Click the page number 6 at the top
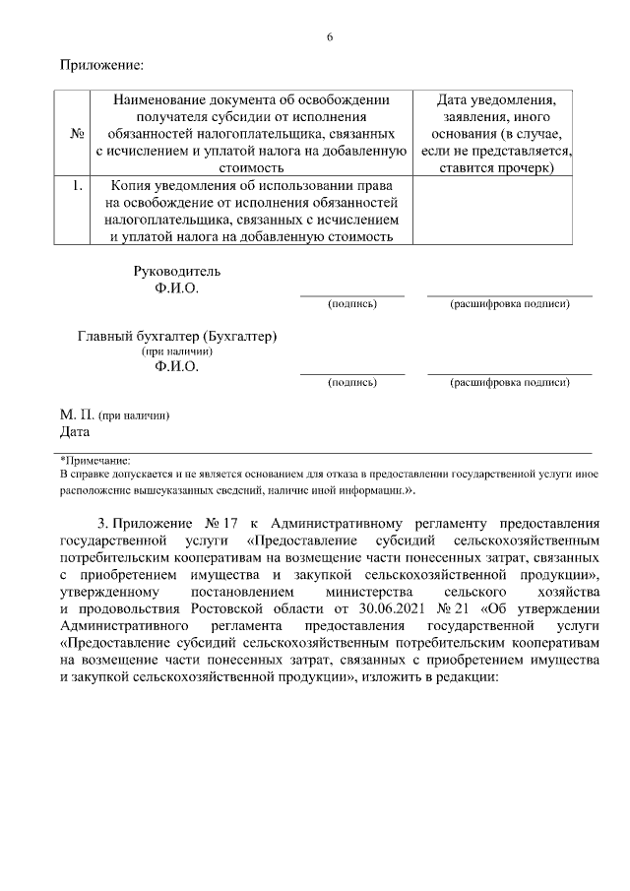[x=330, y=37]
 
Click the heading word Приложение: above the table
[x=101, y=66]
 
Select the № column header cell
[x=77, y=134]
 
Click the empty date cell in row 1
[x=493, y=210]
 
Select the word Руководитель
[x=177, y=271]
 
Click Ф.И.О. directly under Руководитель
[x=176, y=288]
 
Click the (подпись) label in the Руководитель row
[x=351, y=304]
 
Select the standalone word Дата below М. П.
[x=75, y=431]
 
